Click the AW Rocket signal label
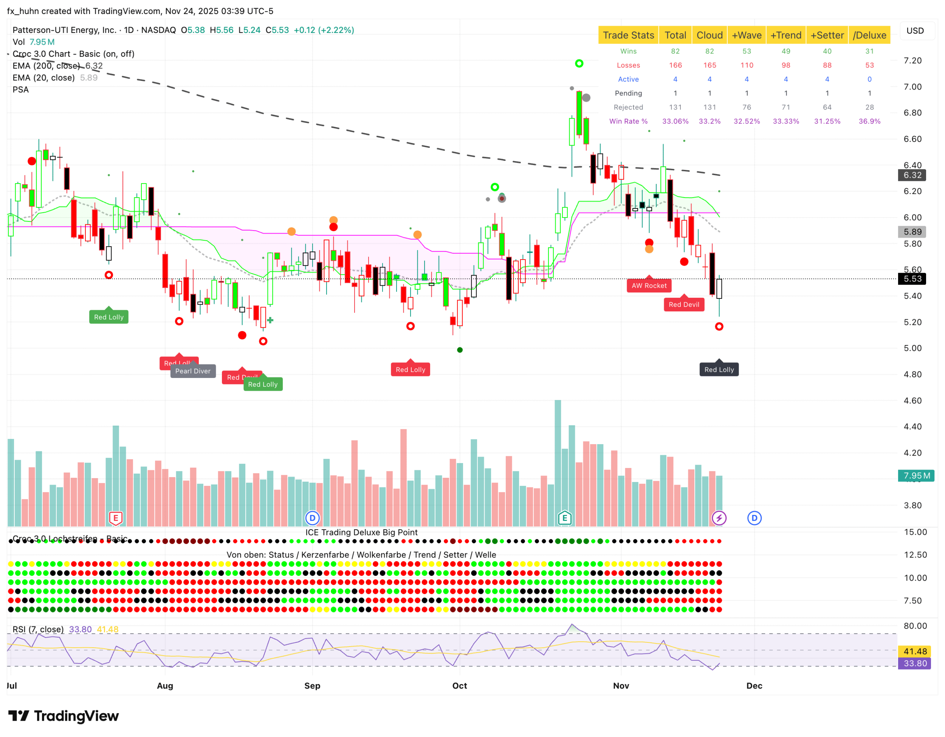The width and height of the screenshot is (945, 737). click(649, 285)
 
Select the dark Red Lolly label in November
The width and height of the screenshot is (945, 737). click(719, 369)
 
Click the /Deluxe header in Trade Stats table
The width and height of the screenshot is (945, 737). click(869, 35)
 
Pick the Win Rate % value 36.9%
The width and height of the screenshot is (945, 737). click(869, 121)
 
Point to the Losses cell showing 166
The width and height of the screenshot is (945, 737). click(675, 65)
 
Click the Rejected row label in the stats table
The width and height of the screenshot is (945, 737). click(628, 107)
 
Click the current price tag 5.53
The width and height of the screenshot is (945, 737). click(912, 279)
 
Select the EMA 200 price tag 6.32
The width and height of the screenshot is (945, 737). click(912, 175)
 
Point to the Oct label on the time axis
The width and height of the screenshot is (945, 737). click(460, 686)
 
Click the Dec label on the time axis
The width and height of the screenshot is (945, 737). click(754, 686)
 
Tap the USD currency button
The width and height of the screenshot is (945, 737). click(915, 31)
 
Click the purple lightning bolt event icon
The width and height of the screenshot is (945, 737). click(719, 518)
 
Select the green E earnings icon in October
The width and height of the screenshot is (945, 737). click(564, 518)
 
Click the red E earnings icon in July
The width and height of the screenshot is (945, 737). click(116, 518)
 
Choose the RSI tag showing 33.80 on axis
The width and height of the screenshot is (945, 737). click(915, 663)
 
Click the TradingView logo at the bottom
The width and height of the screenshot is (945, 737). click(64, 716)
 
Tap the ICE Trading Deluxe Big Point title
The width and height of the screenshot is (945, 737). click(361, 532)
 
